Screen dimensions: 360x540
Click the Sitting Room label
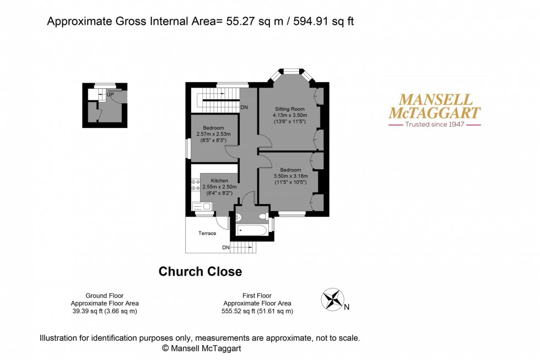[289, 109]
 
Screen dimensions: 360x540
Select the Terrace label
[207, 233]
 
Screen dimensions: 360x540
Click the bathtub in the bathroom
[252, 229]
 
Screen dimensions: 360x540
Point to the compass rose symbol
[332, 299]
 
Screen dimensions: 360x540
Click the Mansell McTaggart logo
[435, 106]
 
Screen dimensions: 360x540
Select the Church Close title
[200, 271]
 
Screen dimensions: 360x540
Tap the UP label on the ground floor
[110, 95]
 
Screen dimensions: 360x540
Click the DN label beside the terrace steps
[226, 248]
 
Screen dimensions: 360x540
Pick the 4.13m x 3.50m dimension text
[290, 115]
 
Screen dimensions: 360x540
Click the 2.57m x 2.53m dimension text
[213, 134]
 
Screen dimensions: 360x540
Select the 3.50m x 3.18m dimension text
[290, 176]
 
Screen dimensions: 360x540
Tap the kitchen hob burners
[195, 185]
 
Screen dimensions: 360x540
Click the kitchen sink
[203, 206]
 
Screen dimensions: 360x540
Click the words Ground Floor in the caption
[105, 296]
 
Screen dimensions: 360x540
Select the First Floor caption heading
[257, 296]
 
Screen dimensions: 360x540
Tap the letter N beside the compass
[347, 308]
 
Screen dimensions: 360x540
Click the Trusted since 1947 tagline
[435, 125]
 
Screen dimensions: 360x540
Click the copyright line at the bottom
[201, 348]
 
